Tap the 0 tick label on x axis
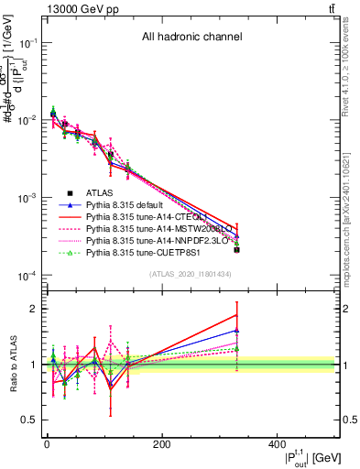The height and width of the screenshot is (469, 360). [x=47, y=443]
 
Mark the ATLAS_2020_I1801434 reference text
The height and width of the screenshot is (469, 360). [x=191, y=274]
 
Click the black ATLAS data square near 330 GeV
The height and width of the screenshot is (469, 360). [x=236, y=249]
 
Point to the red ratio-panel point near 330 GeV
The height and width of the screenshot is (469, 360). [x=236, y=315]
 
